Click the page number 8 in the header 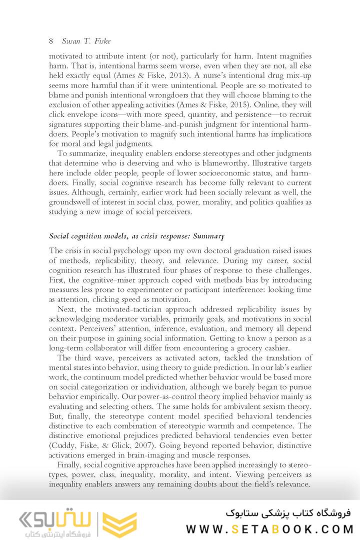tap(51, 40)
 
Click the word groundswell tap(72, 202)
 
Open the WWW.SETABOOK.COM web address tap(269, 528)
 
